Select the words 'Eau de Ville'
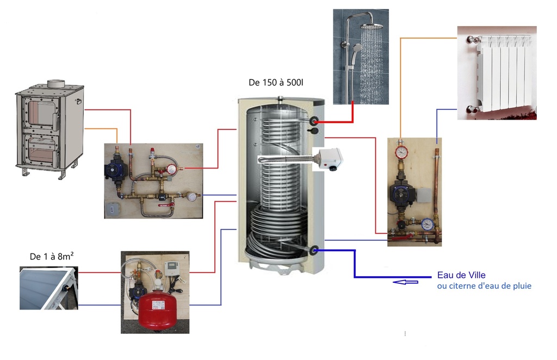point(461,275)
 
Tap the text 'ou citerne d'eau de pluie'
point(484,286)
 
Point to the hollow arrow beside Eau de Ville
point(406,282)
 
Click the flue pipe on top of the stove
point(55,84)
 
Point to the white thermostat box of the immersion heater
point(330,159)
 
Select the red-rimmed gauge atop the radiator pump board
point(401,151)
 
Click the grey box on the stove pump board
point(113,207)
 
